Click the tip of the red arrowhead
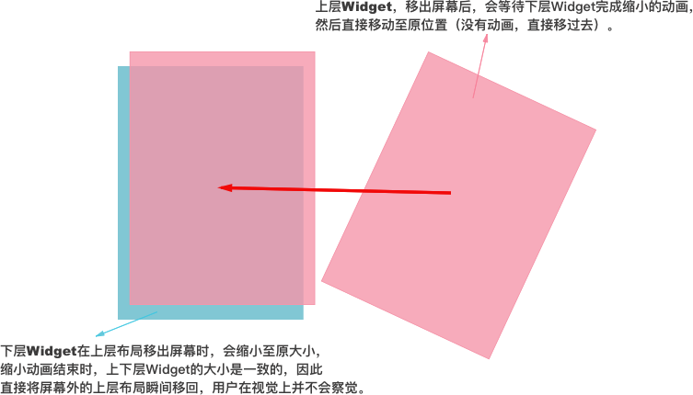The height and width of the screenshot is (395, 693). tap(218, 188)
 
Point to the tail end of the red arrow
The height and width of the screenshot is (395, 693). tap(451, 193)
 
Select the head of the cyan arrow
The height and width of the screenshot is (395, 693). tap(96, 335)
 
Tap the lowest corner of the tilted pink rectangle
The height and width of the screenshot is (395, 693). tap(489, 359)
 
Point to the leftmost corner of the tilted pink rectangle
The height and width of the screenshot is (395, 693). tap(320, 283)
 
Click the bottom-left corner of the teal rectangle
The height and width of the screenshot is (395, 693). tap(119, 319)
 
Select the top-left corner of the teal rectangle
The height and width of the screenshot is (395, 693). tap(119, 67)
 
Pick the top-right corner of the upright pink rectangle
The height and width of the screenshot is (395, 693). tap(315, 52)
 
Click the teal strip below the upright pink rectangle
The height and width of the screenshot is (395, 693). tap(216, 312)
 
